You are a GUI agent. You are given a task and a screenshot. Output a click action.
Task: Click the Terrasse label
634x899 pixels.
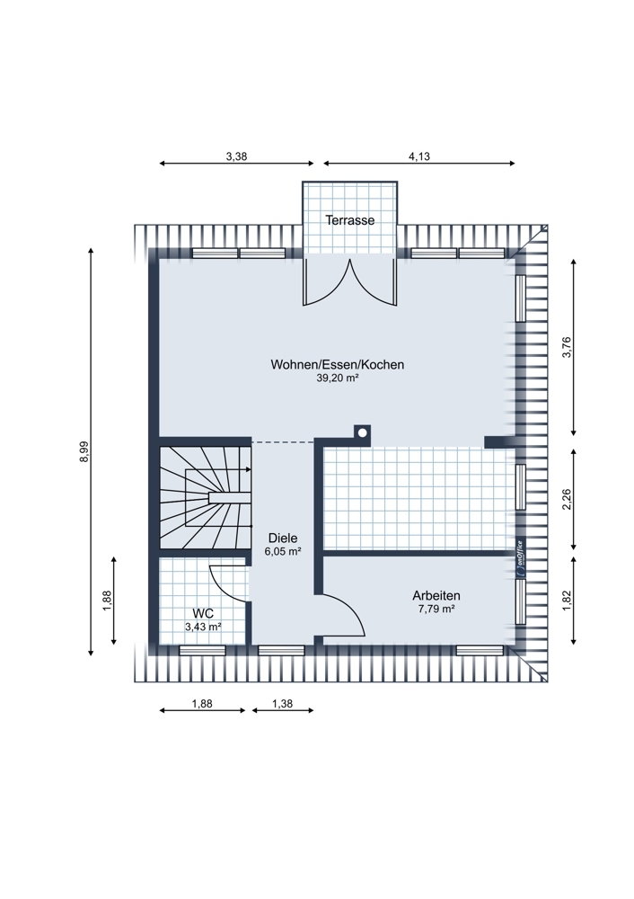coord(350,220)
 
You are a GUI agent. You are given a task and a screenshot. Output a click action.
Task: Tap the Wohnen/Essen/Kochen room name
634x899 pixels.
coord(338,365)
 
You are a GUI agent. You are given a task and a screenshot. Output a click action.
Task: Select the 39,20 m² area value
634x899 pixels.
coord(338,378)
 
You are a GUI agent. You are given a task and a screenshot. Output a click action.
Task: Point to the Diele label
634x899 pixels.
coord(283,539)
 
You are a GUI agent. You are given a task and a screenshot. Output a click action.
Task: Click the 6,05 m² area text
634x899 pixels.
coord(283,552)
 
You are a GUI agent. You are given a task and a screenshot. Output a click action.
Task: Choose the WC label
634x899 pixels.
coord(203,614)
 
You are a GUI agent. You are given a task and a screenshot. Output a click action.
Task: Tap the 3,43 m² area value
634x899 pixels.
coord(203,628)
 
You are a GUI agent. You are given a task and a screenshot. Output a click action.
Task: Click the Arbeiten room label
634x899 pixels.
coord(436,596)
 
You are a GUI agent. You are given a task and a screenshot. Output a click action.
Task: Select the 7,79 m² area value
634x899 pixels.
coord(436,609)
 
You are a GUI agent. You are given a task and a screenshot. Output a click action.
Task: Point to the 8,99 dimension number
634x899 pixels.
coord(84,451)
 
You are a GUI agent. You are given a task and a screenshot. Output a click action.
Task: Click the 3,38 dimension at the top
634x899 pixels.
coord(236,156)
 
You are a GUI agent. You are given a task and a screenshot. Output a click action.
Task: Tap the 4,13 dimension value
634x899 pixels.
coord(419,156)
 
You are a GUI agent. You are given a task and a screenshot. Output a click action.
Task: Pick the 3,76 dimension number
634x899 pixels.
coord(567,347)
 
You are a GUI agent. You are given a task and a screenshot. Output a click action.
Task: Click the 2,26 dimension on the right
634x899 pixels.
coord(567,499)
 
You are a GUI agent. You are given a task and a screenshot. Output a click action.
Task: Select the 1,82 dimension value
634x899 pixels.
coord(567,601)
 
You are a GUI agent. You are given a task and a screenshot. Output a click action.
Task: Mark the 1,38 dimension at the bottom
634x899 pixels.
coord(282,704)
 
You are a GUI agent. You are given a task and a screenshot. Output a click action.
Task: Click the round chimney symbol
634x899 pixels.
coord(362,433)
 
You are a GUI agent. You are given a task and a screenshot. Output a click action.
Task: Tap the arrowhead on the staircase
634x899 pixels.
coord(248,469)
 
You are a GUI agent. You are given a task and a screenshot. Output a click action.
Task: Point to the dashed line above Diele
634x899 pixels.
coord(283,442)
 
